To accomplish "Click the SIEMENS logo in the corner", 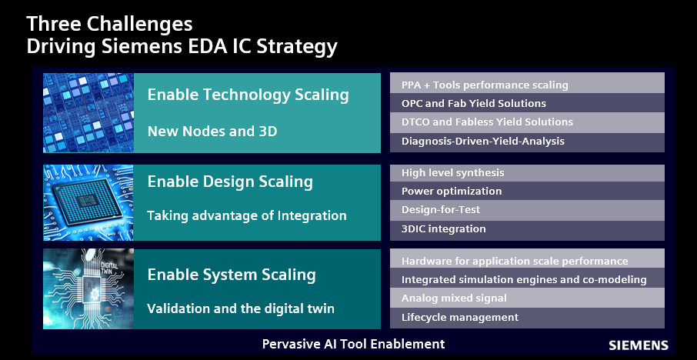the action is pyautogui.click(x=638, y=345).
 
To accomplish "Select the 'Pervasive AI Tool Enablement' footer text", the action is pyautogui.click(x=353, y=344).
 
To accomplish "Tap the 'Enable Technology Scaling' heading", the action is pyautogui.click(x=248, y=95).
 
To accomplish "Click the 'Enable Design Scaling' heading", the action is pyautogui.click(x=230, y=182).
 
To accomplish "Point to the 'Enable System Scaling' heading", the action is pyautogui.click(x=231, y=274).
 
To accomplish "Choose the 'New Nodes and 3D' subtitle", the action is pyautogui.click(x=212, y=131).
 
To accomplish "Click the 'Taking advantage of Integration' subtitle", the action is pyautogui.click(x=247, y=215).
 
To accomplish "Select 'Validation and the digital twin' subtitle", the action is pyautogui.click(x=241, y=308).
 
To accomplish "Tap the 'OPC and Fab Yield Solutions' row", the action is pyautogui.click(x=527, y=103).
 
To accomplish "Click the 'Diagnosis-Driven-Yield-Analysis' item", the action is pyautogui.click(x=527, y=142).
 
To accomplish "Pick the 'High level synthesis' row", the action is pyautogui.click(x=527, y=173).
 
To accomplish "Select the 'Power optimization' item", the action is pyautogui.click(x=527, y=191).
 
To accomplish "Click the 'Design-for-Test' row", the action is pyautogui.click(x=527, y=210).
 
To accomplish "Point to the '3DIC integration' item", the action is pyautogui.click(x=527, y=230).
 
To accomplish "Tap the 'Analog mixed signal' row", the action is pyautogui.click(x=527, y=298).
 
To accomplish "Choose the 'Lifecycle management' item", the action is pyautogui.click(x=527, y=318).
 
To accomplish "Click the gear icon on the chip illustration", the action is pyautogui.click(x=95, y=294).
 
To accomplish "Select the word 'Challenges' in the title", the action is pyautogui.click(x=139, y=25).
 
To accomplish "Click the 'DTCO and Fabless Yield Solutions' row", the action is pyautogui.click(x=527, y=122).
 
